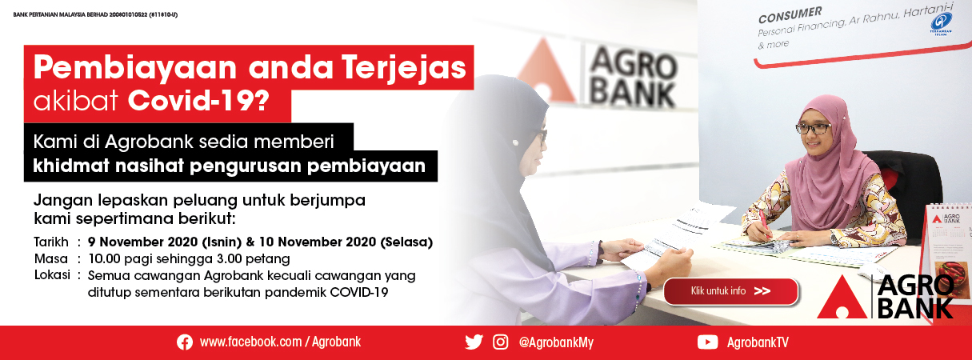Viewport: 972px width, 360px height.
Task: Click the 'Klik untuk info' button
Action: (x=730, y=291)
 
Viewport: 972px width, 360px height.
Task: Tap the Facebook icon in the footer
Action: (x=185, y=342)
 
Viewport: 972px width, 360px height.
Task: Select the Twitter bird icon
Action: (x=474, y=342)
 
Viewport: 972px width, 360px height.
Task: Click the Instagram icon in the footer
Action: (x=500, y=342)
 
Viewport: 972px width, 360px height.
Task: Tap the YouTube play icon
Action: (x=707, y=342)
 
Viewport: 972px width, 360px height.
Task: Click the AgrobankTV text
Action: (x=758, y=342)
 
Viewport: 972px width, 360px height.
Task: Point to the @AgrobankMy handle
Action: (x=556, y=342)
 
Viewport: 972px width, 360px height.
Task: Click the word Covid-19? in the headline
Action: (x=198, y=101)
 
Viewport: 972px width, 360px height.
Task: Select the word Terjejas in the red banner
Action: (x=403, y=68)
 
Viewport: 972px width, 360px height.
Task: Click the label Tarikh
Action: (x=51, y=242)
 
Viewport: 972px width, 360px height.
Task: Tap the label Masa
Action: (x=50, y=259)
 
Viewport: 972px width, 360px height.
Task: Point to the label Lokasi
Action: (x=52, y=275)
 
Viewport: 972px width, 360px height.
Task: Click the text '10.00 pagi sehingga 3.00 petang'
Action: (x=189, y=259)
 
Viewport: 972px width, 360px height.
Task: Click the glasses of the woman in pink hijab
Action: (x=813, y=128)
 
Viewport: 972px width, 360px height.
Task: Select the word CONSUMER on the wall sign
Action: (x=790, y=14)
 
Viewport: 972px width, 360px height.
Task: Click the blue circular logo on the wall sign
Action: (x=941, y=22)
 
